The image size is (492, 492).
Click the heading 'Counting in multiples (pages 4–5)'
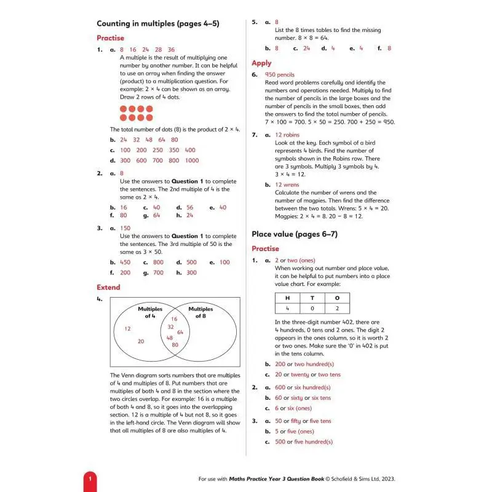point(157,24)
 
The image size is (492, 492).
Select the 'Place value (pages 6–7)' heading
point(295,234)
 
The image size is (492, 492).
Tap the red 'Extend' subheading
point(108,287)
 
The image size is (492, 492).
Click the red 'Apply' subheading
point(261,63)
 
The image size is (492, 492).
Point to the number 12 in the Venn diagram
point(127,328)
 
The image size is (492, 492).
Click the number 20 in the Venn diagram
point(141,341)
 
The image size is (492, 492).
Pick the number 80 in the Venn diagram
point(175,344)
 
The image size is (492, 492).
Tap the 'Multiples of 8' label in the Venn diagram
point(200,312)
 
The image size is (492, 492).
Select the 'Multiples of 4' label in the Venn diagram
point(150,312)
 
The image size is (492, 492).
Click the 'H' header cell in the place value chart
point(287,298)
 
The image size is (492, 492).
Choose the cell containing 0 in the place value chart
point(312,309)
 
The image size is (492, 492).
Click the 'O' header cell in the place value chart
point(336,298)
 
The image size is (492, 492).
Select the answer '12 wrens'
point(287,184)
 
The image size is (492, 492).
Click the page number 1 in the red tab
point(90,479)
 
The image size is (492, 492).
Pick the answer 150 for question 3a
point(125,228)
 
